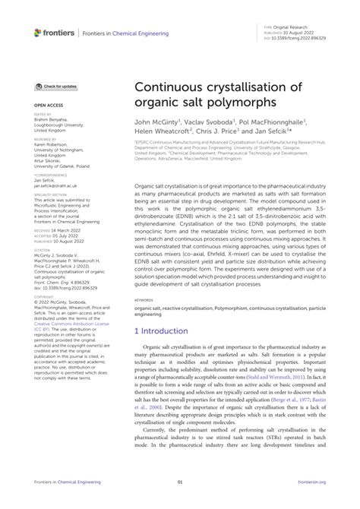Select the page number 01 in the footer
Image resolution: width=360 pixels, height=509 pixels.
[180, 501]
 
